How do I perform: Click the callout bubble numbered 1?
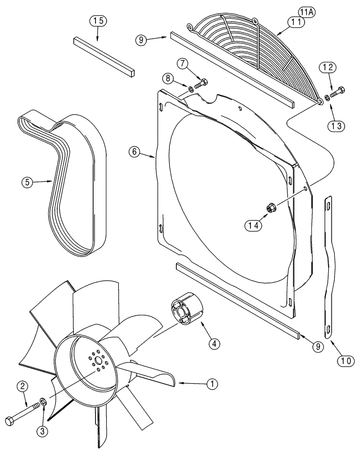point(211,384)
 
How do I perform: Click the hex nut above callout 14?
point(269,208)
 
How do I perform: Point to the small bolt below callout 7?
point(201,84)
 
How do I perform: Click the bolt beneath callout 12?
point(337,91)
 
